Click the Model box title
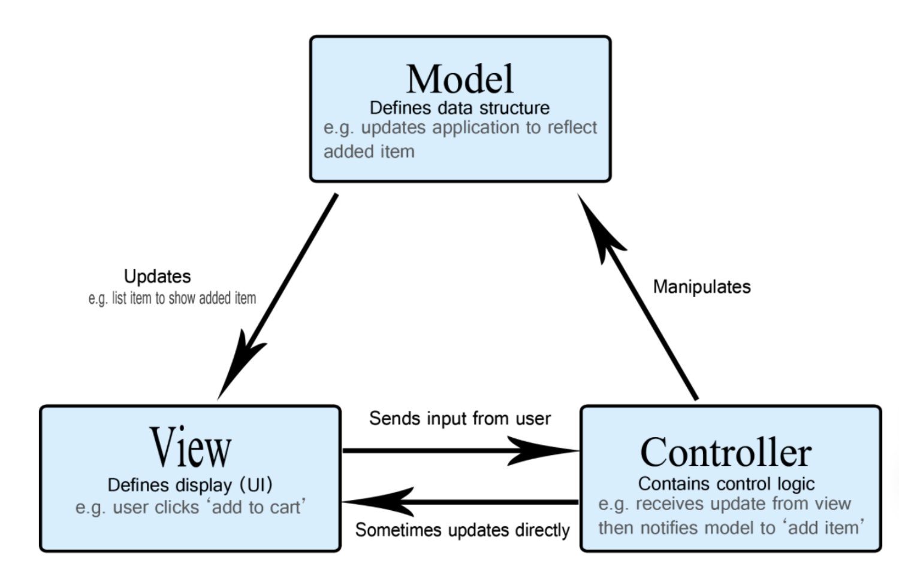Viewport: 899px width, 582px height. pyautogui.click(x=460, y=78)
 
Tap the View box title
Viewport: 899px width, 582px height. pyautogui.click(x=190, y=447)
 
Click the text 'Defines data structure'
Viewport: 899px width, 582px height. pyautogui.click(x=460, y=108)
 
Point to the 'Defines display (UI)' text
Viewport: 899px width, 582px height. pyautogui.click(x=190, y=485)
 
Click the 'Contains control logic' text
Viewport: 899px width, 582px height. pyautogui.click(x=726, y=484)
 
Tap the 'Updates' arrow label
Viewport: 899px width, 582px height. pyautogui.click(x=157, y=277)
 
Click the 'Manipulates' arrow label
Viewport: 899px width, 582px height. pyautogui.click(x=702, y=287)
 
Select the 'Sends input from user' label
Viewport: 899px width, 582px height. pyautogui.click(x=460, y=419)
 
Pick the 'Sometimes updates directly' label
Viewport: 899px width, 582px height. pyautogui.click(x=462, y=530)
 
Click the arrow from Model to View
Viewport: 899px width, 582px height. pyautogui.click(x=277, y=296)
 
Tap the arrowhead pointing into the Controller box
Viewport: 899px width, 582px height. pyautogui.click(x=542, y=451)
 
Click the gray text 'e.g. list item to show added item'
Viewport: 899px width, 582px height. pyautogui.click(x=172, y=299)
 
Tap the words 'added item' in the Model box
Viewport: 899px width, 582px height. pyautogui.click(x=369, y=151)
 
